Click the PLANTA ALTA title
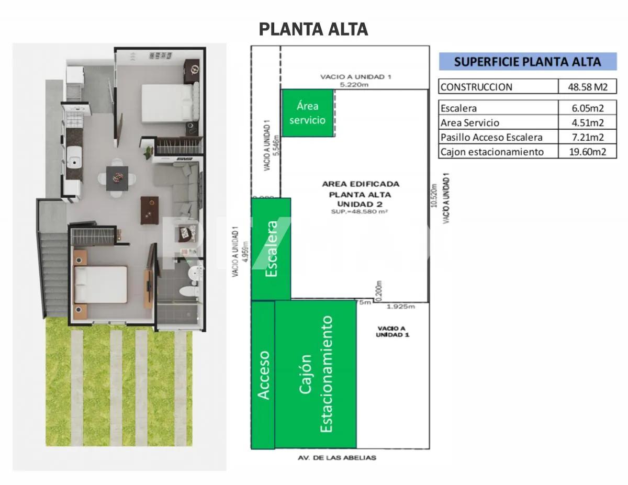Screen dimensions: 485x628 [x=313, y=29]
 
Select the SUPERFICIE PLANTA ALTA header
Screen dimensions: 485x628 [x=527, y=62]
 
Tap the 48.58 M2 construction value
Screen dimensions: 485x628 [x=587, y=87]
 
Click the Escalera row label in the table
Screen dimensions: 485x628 [x=459, y=108]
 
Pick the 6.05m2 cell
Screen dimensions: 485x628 [x=587, y=108]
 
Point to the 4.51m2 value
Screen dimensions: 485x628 [x=587, y=123]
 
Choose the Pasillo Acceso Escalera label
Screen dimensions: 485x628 [x=491, y=138]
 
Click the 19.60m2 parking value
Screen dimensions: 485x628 [x=587, y=152]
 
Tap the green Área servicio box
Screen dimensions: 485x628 [x=307, y=113]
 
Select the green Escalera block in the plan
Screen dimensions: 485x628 [x=271, y=249]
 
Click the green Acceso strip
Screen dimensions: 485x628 [x=263, y=375]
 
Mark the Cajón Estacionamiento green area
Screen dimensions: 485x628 [x=316, y=375]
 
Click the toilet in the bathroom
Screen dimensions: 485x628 [x=187, y=290]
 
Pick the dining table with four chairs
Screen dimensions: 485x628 [x=117, y=178]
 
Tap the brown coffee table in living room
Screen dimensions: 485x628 [x=149, y=210]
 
